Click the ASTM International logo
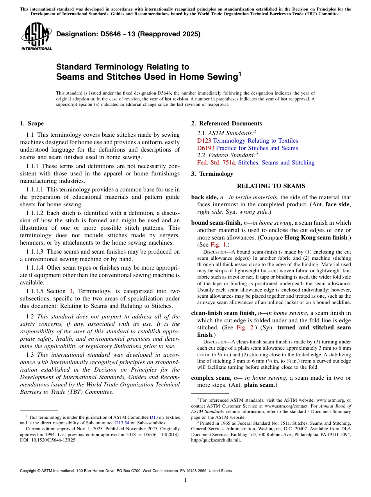(36, 37)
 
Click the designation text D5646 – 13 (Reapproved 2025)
(128, 34)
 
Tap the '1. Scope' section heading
(32, 123)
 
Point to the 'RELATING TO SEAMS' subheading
(271, 186)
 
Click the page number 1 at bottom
(185, 480)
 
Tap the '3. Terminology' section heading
(212, 174)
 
